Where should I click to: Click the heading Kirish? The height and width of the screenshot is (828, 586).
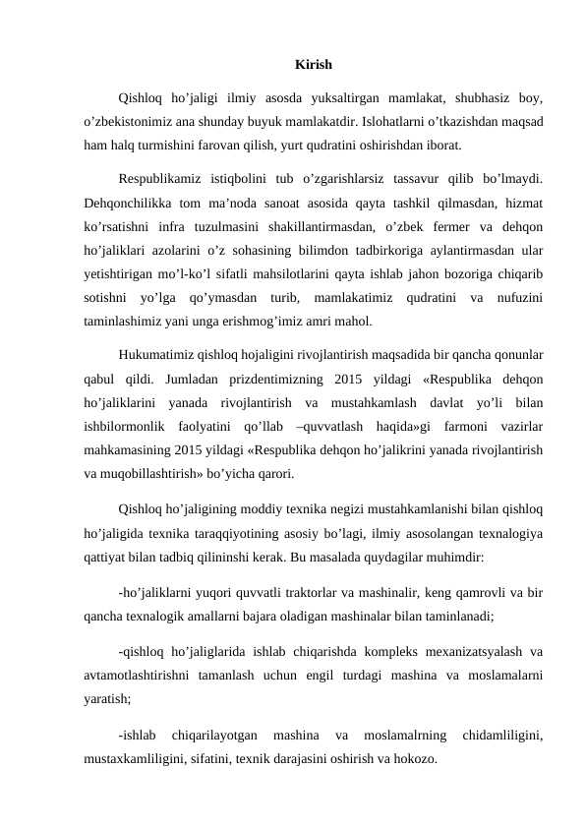[313, 66]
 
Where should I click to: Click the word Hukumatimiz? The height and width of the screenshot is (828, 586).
[156, 353]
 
